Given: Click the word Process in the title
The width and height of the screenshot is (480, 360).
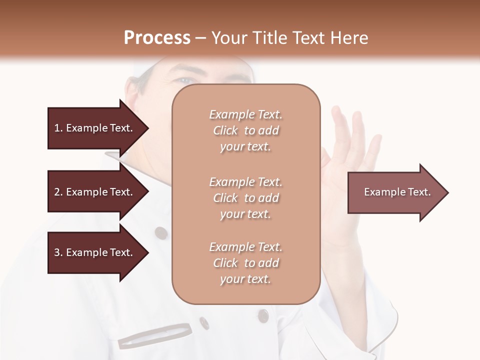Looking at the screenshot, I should (x=157, y=38).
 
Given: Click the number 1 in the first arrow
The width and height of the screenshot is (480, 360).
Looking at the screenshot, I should (x=57, y=128).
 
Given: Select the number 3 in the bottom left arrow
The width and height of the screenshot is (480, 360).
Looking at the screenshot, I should (x=57, y=252).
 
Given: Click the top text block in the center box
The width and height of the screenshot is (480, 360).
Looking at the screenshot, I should (x=245, y=130).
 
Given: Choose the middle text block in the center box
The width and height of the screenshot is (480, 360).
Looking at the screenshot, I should (x=245, y=198).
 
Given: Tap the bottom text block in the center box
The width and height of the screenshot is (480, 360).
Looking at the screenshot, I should (x=245, y=263).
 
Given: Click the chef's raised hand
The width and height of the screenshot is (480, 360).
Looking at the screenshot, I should (x=350, y=150).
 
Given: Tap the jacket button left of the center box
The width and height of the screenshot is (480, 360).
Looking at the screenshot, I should (x=160, y=232).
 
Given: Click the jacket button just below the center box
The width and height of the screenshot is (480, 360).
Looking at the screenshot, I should (x=263, y=315).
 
